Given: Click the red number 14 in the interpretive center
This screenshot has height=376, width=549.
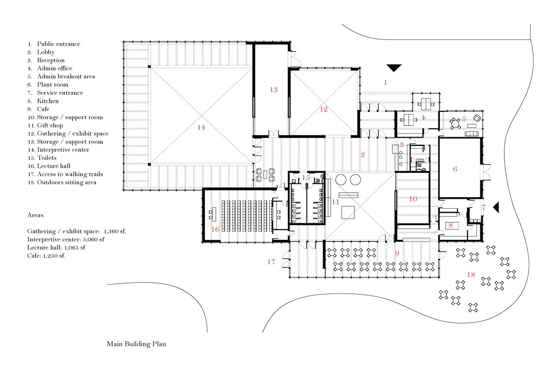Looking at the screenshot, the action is pos(201,127).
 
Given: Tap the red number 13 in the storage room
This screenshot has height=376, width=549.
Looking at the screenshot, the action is pos(273,89).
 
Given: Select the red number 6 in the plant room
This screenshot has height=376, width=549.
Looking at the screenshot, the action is pos(455,169).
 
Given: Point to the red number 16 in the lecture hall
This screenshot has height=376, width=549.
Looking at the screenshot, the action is pos(215,229).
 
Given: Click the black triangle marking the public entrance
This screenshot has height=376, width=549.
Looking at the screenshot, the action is pos(394,68).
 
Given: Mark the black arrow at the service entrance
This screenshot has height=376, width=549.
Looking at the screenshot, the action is pos(496,207).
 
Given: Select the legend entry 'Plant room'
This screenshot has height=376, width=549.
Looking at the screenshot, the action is pos(52,84).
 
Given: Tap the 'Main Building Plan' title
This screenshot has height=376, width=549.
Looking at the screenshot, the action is pos(136,344).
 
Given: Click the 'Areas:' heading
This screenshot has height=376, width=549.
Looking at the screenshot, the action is pos(36,215).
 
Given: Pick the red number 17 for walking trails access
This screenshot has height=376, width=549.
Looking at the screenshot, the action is pos(271,262).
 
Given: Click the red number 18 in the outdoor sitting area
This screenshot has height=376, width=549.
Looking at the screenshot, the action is pos(471,275).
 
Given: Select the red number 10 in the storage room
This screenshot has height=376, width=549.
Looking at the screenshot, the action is pos(413,198).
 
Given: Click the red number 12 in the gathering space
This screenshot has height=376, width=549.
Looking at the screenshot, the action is pos(324,109).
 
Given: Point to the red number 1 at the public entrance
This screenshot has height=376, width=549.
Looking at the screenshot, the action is pos(385,82).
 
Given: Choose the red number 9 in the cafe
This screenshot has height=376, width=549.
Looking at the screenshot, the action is pos(397,253).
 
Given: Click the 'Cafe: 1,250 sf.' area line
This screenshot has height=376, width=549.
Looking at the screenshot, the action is pos(46,255).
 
